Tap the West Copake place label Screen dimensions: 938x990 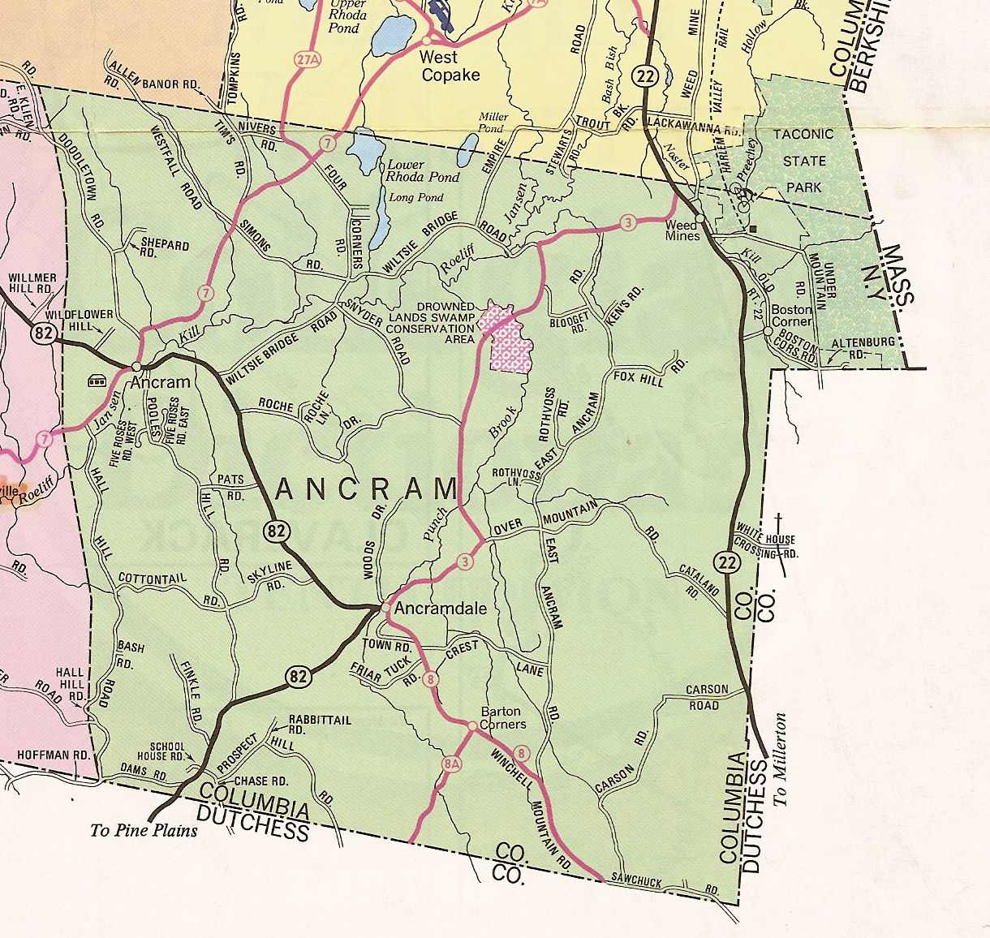coord(450,66)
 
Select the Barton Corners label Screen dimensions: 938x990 coord(503,717)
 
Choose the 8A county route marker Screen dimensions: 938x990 coord(450,764)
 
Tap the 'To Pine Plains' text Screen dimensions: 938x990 coord(144,830)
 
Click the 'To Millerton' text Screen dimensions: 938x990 coord(781,759)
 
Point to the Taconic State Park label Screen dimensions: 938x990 coord(803,161)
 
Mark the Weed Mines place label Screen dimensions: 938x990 coord(682,230)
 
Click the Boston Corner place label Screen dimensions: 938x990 coord(791,315)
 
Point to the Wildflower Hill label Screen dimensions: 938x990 coord(69,319)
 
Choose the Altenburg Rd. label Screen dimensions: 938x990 coord(862,347)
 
